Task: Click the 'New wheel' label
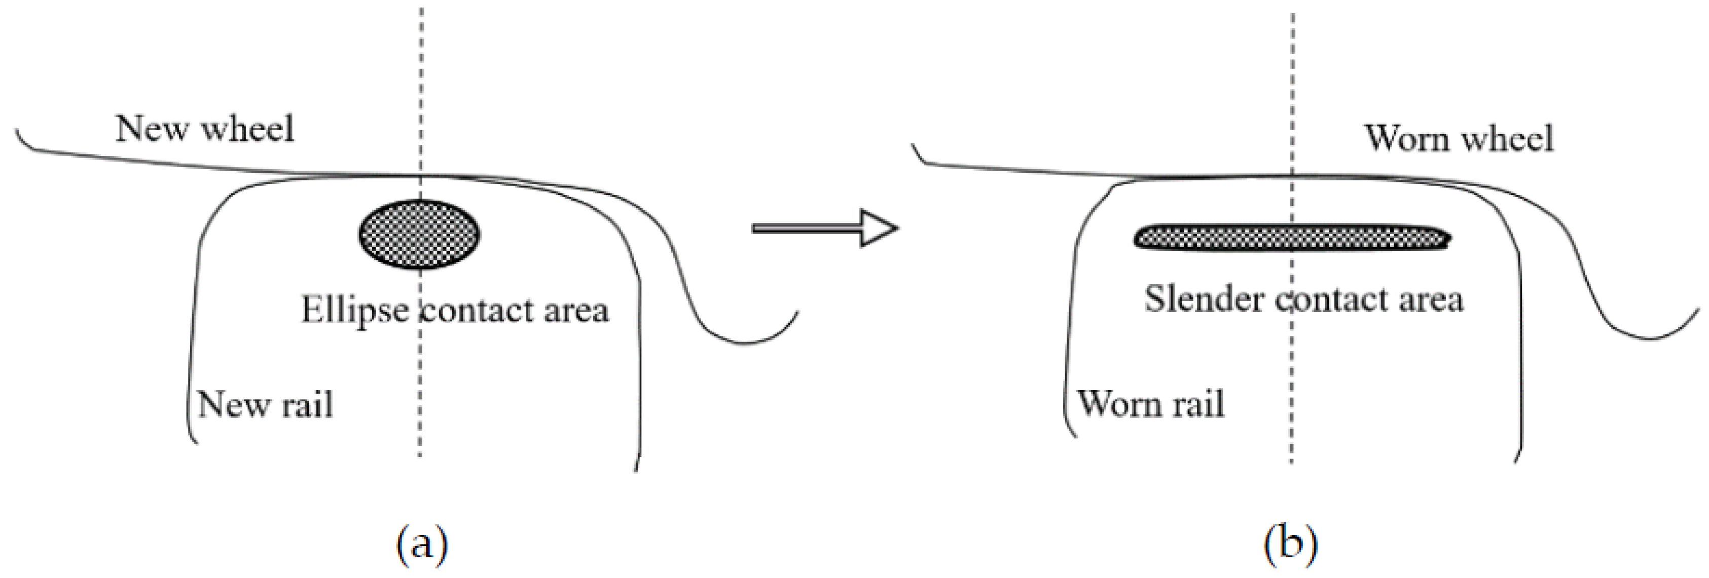pos(204,129)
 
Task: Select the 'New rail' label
pos(265,404)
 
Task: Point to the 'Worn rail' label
pos(1150,404)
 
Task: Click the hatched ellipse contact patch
pos(419,234)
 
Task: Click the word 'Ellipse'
pos(355,310)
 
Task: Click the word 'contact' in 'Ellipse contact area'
pos(478,310)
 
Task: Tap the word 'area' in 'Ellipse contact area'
pos(576,310)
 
